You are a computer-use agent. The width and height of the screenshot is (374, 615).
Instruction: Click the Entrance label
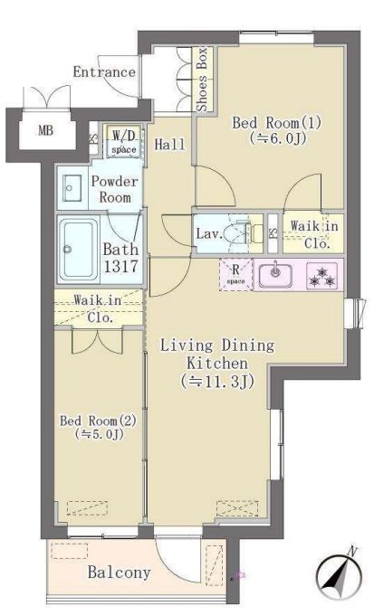coord(104,72)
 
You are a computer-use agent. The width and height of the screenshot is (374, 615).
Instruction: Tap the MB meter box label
coord(45,130)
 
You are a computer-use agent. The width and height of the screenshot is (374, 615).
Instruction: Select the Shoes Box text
coord(202,80)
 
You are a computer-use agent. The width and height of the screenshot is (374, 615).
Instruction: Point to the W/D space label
coord(124,142)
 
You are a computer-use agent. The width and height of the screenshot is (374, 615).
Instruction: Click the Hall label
coord(169,145)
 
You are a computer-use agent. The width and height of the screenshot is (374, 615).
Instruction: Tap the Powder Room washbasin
coord(72,188)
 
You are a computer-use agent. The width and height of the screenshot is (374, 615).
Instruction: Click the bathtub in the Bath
coord(79,250)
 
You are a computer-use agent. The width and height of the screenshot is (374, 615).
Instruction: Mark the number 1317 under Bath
coord(121,266)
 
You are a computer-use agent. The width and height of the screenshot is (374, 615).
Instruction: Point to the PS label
coord(273,232)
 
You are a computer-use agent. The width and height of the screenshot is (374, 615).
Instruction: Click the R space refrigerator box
coord(235,274)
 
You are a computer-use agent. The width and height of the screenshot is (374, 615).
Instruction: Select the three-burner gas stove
coord(322,276)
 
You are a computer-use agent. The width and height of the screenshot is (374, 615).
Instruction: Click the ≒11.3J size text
coord(216,382)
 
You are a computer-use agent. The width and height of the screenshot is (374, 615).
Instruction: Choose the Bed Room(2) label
coord(98,421)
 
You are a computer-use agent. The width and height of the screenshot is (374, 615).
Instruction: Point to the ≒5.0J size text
coord(99,434)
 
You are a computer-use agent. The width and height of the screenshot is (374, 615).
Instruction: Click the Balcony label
coord(119,572)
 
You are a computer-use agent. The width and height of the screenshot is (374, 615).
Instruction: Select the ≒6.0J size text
coord(277,138)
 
